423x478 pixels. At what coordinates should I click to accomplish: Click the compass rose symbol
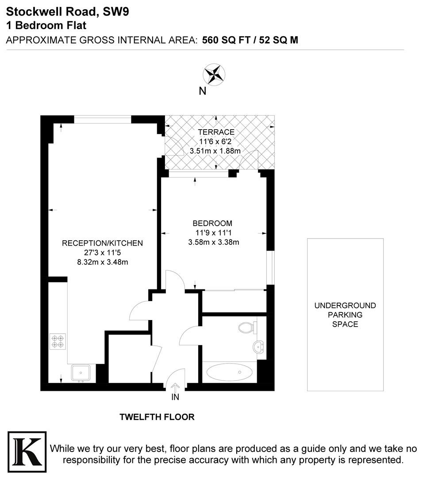[x=214, y=74]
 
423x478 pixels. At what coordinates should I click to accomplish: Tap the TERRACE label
[x=216, y=132]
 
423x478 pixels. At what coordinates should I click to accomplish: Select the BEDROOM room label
[x=212, y=223]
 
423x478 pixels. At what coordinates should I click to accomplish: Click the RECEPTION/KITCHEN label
[x=102, y=243]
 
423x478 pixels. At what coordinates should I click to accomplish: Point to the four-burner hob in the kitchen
[x=58, y=341]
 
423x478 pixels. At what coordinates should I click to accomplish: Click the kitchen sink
[x=81, y=373]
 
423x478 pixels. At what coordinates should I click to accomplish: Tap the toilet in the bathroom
[x=247, y=328]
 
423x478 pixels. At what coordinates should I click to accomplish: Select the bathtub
[x=230, y=372]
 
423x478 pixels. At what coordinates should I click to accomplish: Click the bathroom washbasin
[x=258, y=347]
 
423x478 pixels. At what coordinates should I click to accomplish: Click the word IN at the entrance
[x=175, y=397]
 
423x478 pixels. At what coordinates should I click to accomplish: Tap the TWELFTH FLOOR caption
[x=157, y=417]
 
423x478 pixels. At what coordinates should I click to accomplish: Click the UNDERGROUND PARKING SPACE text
[x=345, y=315]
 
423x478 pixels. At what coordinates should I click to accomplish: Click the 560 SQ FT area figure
[x=226, y=40]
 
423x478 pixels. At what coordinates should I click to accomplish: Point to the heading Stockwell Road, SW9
[x=67, y=12]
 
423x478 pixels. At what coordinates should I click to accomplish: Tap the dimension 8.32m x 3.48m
[x=102, y=262]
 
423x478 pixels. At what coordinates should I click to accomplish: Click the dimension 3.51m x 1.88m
[x=215, y=151]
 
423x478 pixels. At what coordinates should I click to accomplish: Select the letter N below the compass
[x=202, y=91]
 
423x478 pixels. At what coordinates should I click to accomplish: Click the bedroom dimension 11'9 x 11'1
[x=213, y=233]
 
